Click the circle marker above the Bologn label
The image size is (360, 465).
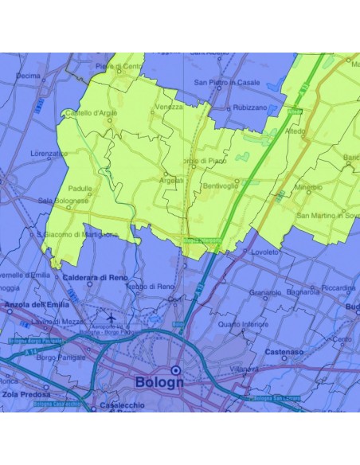pyautogui.click(x=175, y=369)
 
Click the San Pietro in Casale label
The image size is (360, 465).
pyautogui.click(x=227, y=82)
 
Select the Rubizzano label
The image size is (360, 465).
pyautogui.click(x=249, y=107)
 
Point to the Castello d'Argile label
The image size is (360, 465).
pyautogui.click(x=92, y=114)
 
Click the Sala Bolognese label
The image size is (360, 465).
pyautogui.click(x=64, y=201)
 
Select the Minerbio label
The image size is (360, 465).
pyautogui.click(x=308, y=188)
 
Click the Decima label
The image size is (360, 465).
pyautogui.click(x=28, y=76)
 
